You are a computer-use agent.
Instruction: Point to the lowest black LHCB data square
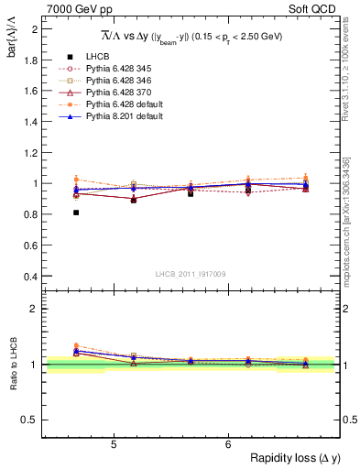76,213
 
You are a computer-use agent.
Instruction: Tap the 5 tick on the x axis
113,443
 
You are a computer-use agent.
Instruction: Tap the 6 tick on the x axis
227,443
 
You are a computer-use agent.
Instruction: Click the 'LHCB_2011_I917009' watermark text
191,274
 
